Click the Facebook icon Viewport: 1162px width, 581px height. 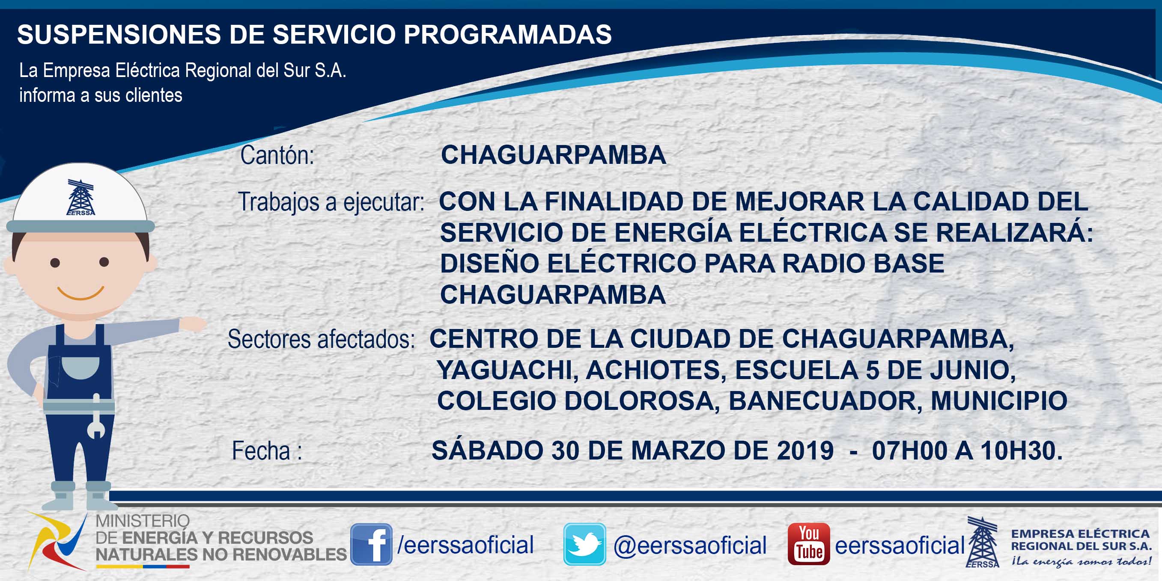coord(371,544)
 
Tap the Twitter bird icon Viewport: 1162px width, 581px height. coord(584,544)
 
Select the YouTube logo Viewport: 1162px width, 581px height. coord(809,544)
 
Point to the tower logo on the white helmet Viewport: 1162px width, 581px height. coord(81,197)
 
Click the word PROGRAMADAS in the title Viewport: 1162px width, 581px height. coord(507,34)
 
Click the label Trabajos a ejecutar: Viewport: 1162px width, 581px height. coord(331,202)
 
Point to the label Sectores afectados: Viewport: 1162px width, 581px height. coord(321,339)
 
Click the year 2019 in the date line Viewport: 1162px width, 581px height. coord(805,450)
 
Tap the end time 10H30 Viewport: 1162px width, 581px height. coord(1021,450)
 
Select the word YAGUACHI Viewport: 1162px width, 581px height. coord(507,370)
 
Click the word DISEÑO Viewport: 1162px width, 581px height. coord(489,263)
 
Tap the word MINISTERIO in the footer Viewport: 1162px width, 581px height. coord(143,521)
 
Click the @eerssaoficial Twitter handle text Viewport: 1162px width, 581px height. coord(690,545)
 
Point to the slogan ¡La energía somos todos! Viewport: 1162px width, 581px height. coord(1081,561)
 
